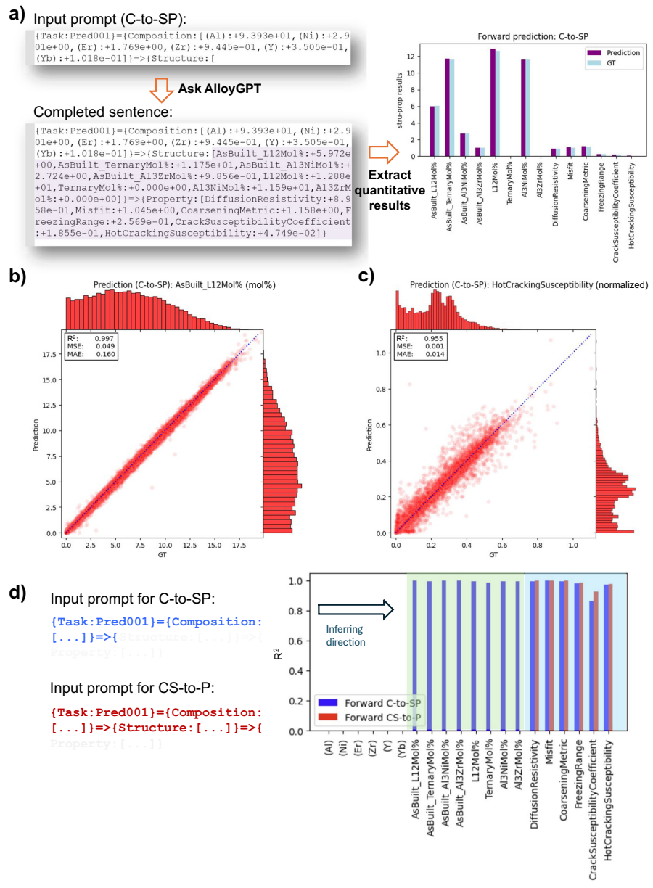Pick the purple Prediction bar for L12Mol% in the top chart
pos(493,102)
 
